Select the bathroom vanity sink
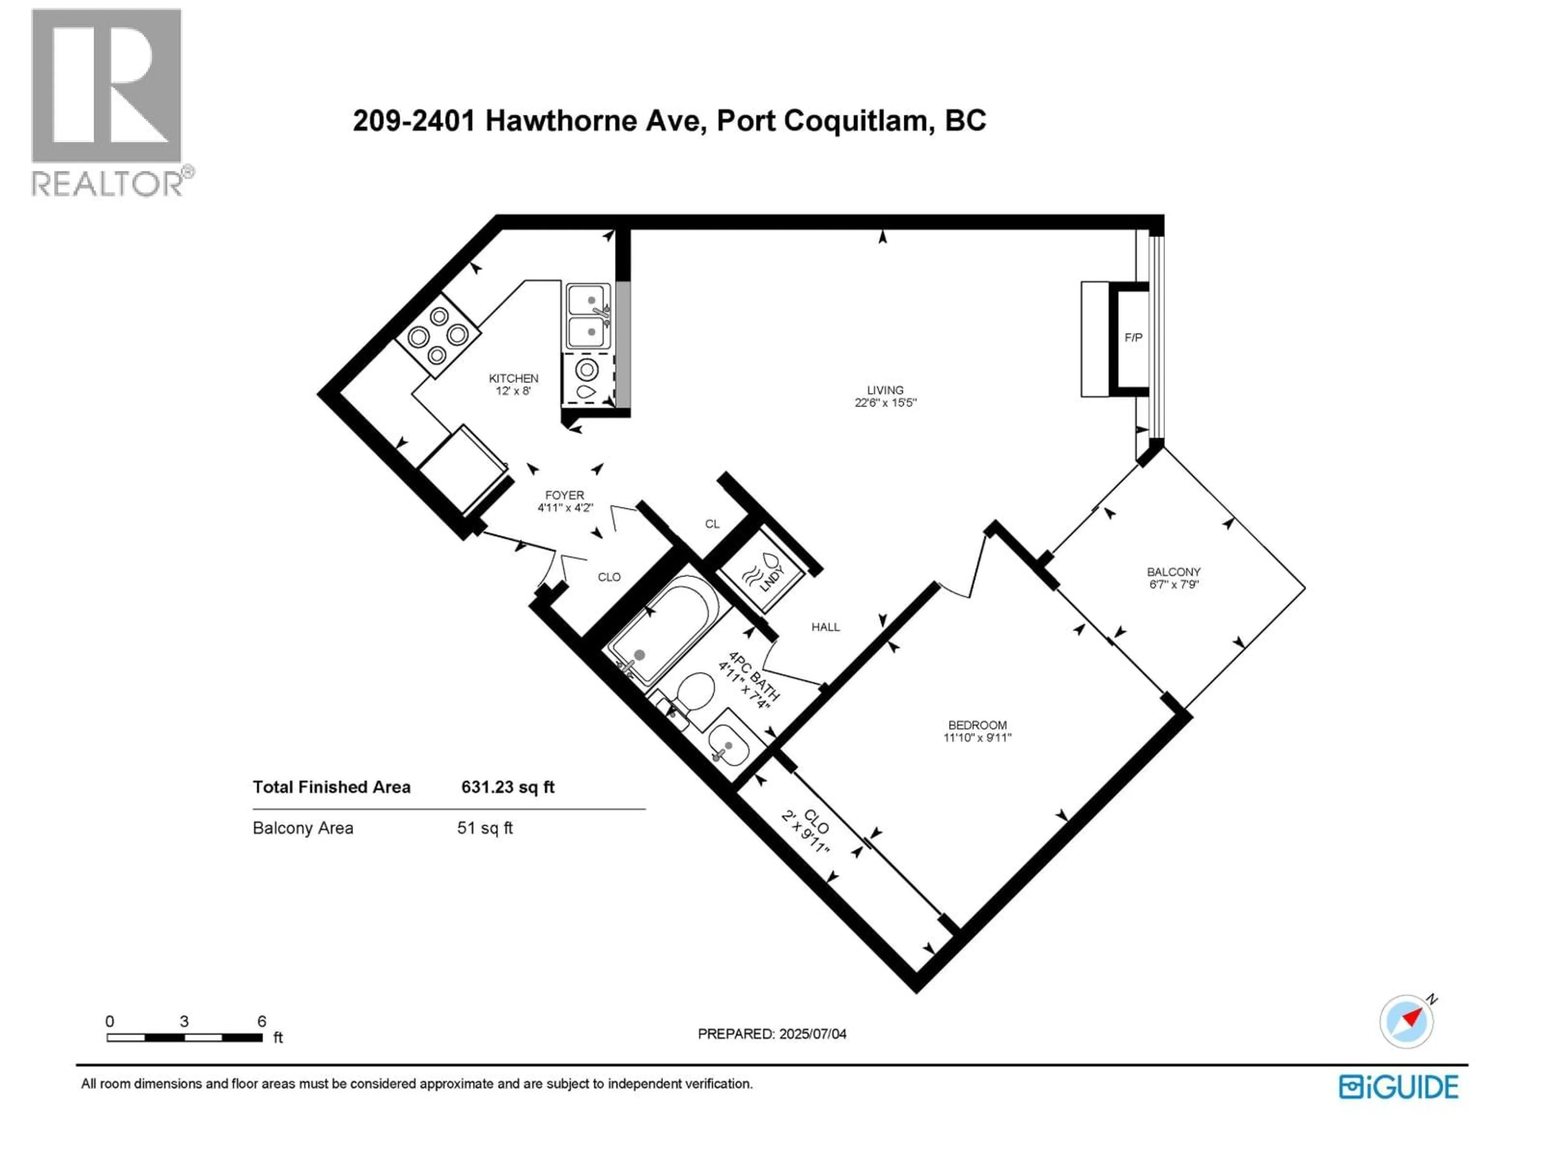[729, 743]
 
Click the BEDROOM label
[977, 725]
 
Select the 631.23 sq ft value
[507, 787]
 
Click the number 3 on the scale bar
[184, 1021]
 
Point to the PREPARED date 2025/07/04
[772, 1034]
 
